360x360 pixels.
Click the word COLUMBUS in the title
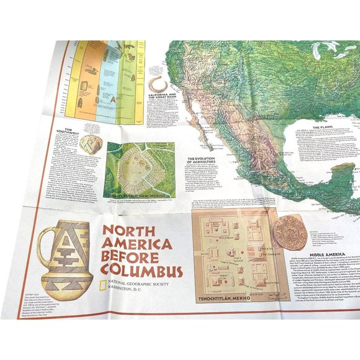pyautogui.click(x=143, y=272)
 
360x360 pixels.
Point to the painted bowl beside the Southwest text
pyautogui.click(x=91, y=144)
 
